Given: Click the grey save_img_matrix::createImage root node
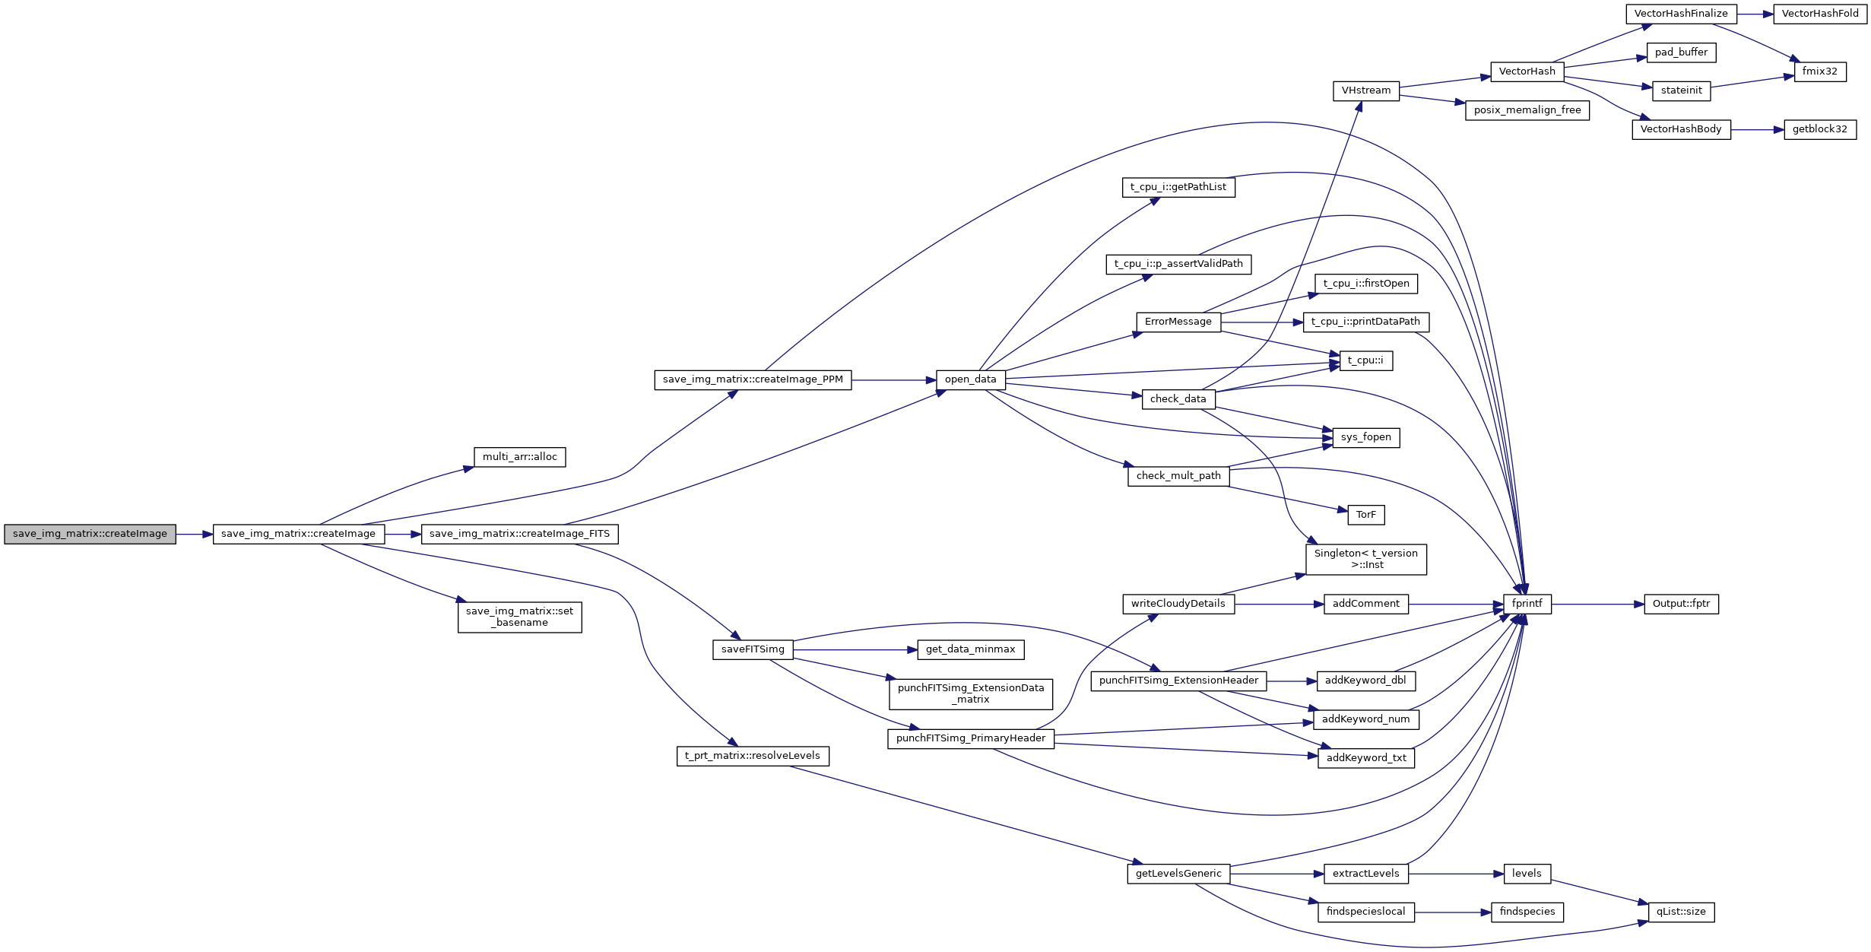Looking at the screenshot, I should (x=90, y=534).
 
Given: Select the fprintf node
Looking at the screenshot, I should (x=1527, y=604).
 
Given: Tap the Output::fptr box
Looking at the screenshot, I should (x=1681, y=604).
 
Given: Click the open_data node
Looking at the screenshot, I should (x=970, y=379).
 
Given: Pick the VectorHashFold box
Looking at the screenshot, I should (x=1819, y=14).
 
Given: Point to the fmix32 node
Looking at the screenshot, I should (x=1819, y=71).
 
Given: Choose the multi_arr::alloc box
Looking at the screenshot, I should (x=519, y=457).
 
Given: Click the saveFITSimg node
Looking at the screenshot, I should (x=753, y=649).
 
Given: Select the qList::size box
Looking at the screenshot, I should (x=1681, y=912).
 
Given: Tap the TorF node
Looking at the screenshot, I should (x=1365, y=515).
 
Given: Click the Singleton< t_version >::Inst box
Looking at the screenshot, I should (x=1365, y=559).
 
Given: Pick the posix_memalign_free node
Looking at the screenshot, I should (x=1527, y=110).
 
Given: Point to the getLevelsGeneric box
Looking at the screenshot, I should (x=1178, y=874).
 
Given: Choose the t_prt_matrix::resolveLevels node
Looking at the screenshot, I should (x=752, y=756).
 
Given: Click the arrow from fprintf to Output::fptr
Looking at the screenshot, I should (x=1597, y=605).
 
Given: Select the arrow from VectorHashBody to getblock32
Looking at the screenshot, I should (x=1757, y=130).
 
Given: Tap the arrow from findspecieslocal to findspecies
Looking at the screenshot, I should (x=1452, y=912).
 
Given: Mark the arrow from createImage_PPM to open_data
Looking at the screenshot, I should (x=893, y=380).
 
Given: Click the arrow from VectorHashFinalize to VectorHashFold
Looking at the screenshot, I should (x=1755, y=14).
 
